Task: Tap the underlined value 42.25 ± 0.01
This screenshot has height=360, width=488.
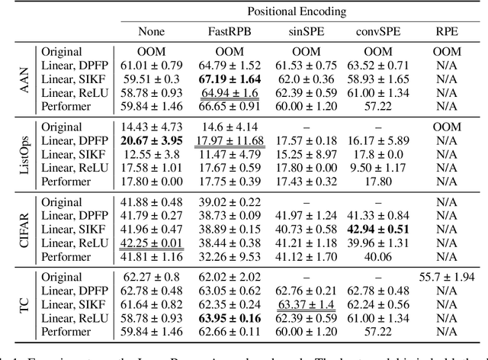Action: pyautogui.click(x=152, y=244)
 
